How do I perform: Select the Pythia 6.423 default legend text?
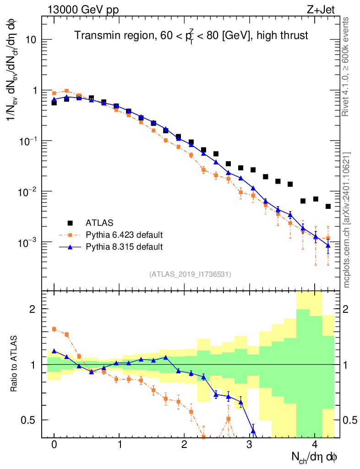tap(124, 235)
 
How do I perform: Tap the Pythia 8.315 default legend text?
tap(124, 247)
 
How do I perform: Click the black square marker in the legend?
tap(70, 223)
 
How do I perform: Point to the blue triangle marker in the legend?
tap(70, 247)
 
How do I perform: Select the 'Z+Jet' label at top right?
tap(328, 8)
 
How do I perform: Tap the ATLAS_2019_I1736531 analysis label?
tap(190, 274)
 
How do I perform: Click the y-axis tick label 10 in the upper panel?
tap(31, 40)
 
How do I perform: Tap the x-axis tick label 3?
tap(250, 445)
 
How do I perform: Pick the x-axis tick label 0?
tap(54, 445)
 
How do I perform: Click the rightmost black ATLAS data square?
tap(328, 207)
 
